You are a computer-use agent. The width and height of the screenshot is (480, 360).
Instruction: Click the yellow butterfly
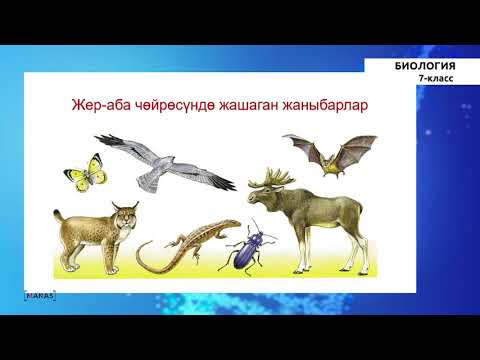pyautogui.click(x=84, y=171)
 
